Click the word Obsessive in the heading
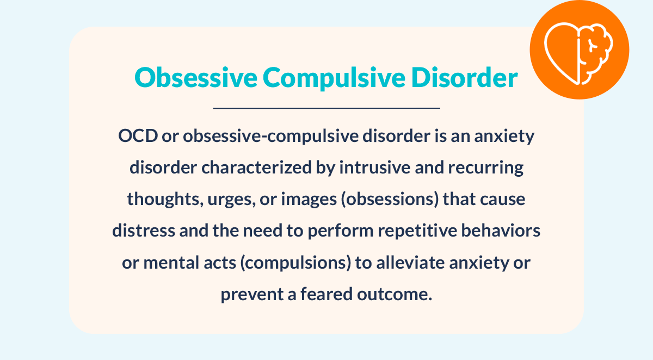coord(196,77)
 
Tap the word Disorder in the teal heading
coord(465,77)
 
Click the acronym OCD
coord(138,136)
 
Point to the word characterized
coord(256,167)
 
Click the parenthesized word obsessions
coord(390,200)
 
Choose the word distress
coord(144,231)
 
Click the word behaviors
coord(501,231)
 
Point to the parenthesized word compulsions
coord(295,263)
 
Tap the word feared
coord(327,294)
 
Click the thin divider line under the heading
coord(326,108)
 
